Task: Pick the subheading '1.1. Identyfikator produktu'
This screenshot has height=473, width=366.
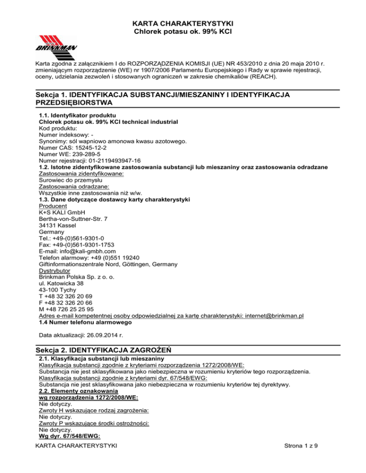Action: [x=78, y=115]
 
